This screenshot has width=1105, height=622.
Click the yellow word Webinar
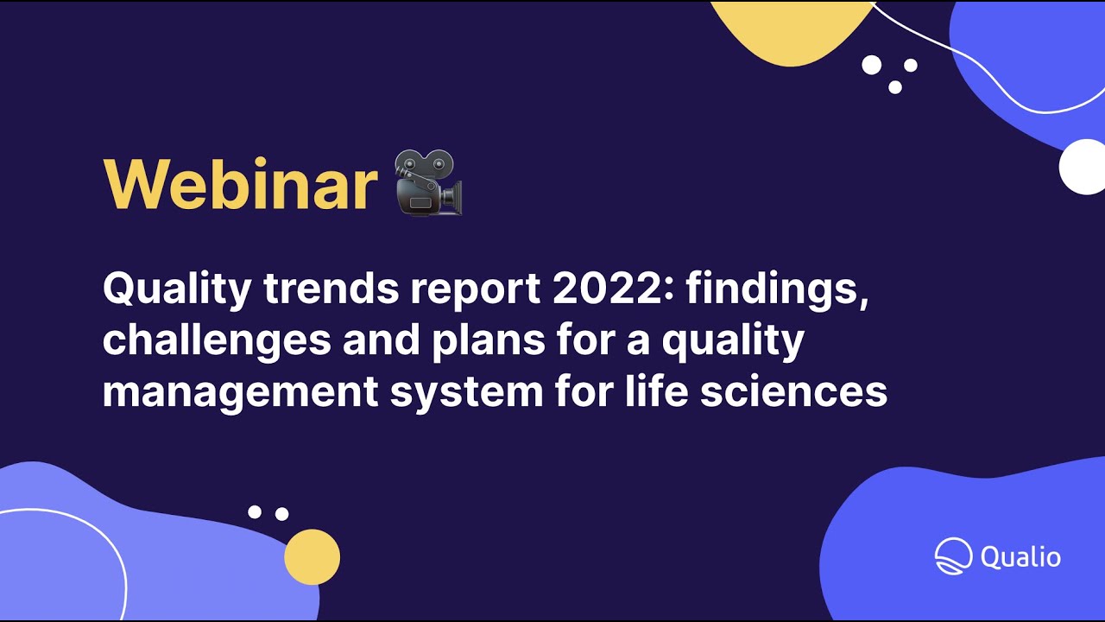pyautogui.click(x=240, y=184)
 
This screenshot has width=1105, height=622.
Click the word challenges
pyautogui.click(x=217, y=340)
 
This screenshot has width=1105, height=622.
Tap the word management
pyautogui.click(x=240, y=391)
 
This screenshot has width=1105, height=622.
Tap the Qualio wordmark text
pyautogui.click(x=1020, y=557)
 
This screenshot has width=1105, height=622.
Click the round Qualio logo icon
pyautogui.click(x=953, y=556)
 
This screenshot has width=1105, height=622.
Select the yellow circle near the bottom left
pyautogui.click(x=312, y=557)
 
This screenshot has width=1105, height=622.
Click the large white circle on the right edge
pyautogui.click(x=1082, y=167)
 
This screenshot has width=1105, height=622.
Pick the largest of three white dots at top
pyautogui.click(x=872, y=65)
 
